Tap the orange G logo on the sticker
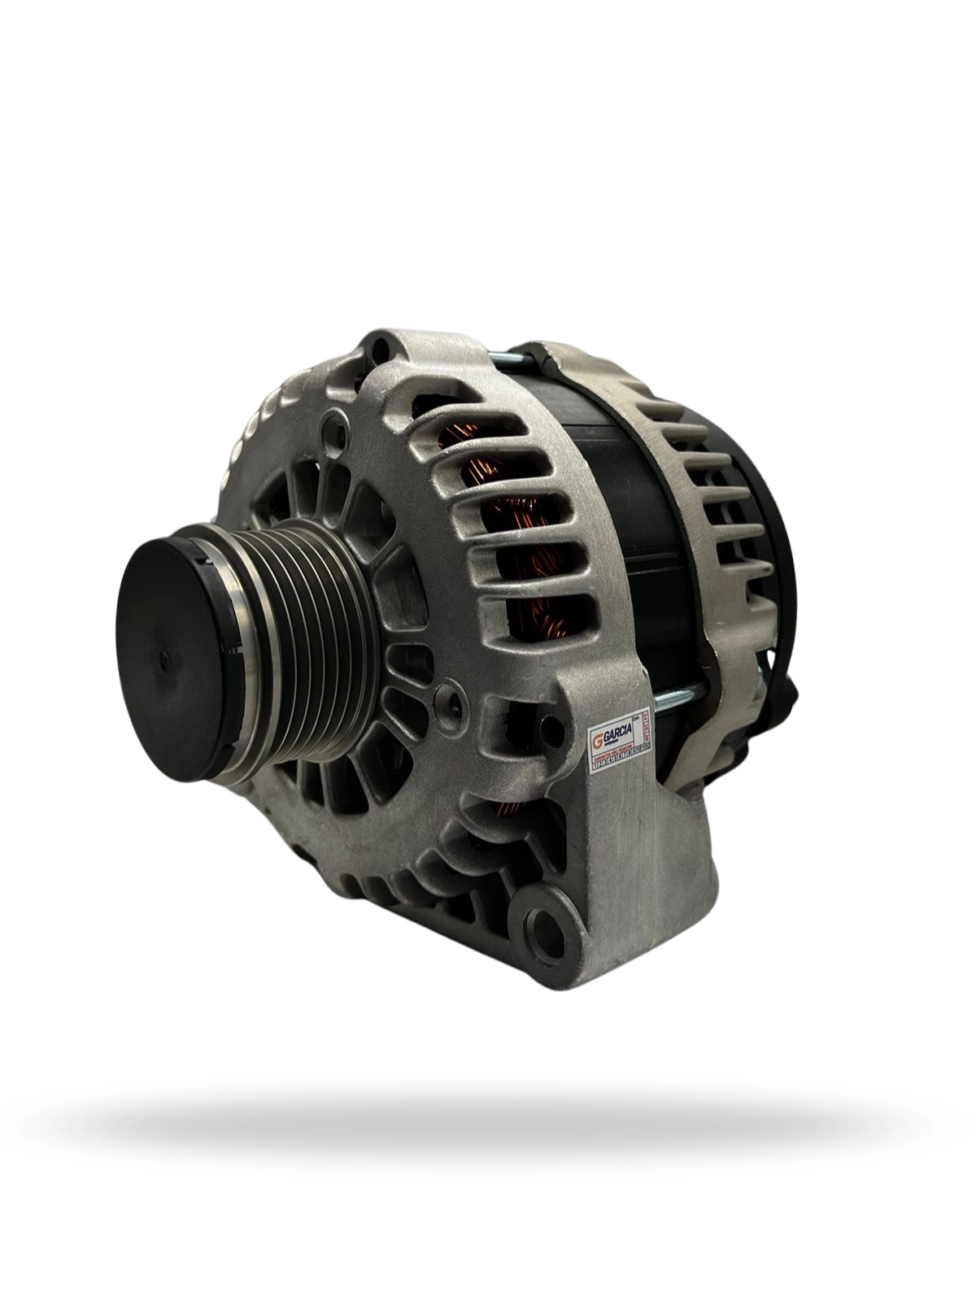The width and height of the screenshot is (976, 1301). pos(598,742)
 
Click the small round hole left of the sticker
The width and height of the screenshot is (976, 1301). pos(443,697)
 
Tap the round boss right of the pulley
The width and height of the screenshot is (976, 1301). pos(443,697)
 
